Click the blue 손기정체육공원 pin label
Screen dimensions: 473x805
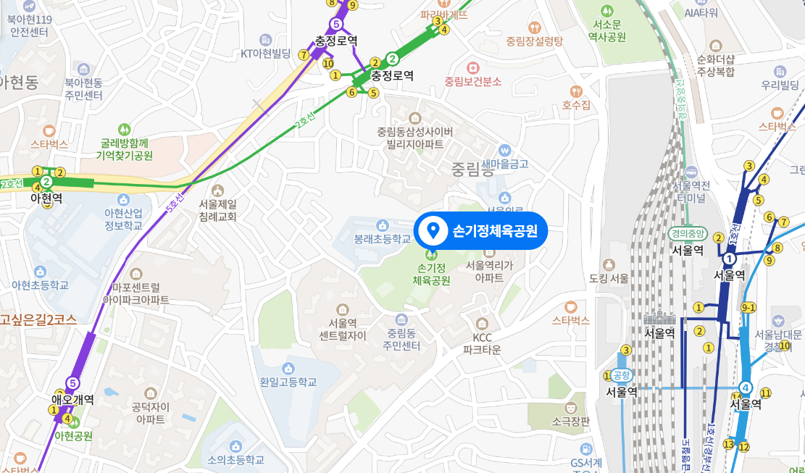click(480, 232)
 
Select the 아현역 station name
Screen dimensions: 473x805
click(46, 197)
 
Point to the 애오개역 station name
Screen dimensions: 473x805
click(72, 399)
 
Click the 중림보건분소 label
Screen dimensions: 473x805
click(473, 81)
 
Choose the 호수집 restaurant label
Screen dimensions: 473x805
click(576, 106)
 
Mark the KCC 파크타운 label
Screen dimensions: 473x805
click(482, 343)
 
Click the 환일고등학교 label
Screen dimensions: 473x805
click(288, 382)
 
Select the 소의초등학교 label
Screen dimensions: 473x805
click(235, 459)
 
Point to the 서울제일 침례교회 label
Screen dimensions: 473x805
click(218, 210)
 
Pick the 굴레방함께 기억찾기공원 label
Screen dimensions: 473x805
click(127, 149)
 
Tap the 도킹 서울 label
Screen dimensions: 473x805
click(609, 278)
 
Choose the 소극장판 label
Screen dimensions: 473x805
click(570, 421)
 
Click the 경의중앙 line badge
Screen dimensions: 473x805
click(687, 234)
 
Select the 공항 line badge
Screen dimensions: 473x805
click(622, 374)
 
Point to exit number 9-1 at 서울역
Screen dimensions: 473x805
click(749, 307)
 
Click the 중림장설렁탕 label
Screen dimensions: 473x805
click(535, 41)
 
